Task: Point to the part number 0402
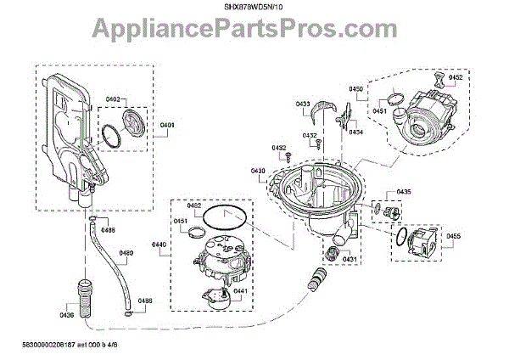coord(112,100)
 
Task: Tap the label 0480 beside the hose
coord(126,253)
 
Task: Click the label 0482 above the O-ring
coord(194,205)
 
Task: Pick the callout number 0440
coord(159,245)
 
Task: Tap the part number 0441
coord(240,291)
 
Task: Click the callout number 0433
coord(303,104)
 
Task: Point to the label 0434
coord(355,132)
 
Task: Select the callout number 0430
coord(258,171)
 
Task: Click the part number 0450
coord(355,89)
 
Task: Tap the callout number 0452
coord(456,77)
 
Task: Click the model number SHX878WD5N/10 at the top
coord(255,8)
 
